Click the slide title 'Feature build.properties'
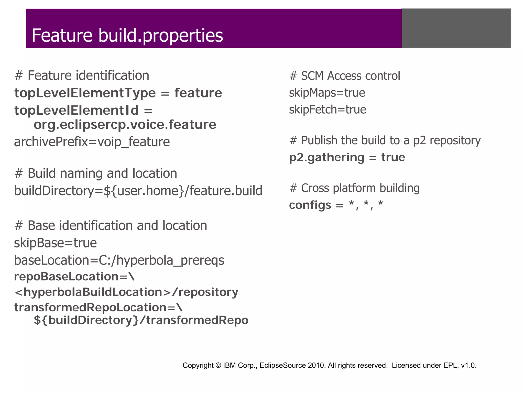[127, 35]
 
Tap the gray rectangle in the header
[456, 28]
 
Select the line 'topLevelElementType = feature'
[118, 93]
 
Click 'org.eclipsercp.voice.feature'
[125, 125]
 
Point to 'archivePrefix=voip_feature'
[92, 142]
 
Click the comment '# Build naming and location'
[96, 173]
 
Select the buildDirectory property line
[138, 191]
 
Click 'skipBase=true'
[55, 243]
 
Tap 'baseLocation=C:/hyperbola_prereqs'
[119, 260]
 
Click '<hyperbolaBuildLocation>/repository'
[126, 292]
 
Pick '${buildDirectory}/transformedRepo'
[141, 320]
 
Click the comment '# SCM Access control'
[345, 76]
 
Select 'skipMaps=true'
[327, 93]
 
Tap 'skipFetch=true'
[327, 110]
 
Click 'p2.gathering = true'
[347, 157]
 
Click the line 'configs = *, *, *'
[336, 205]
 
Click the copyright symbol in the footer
[218, 365]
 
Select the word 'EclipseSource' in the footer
[282, 365]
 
